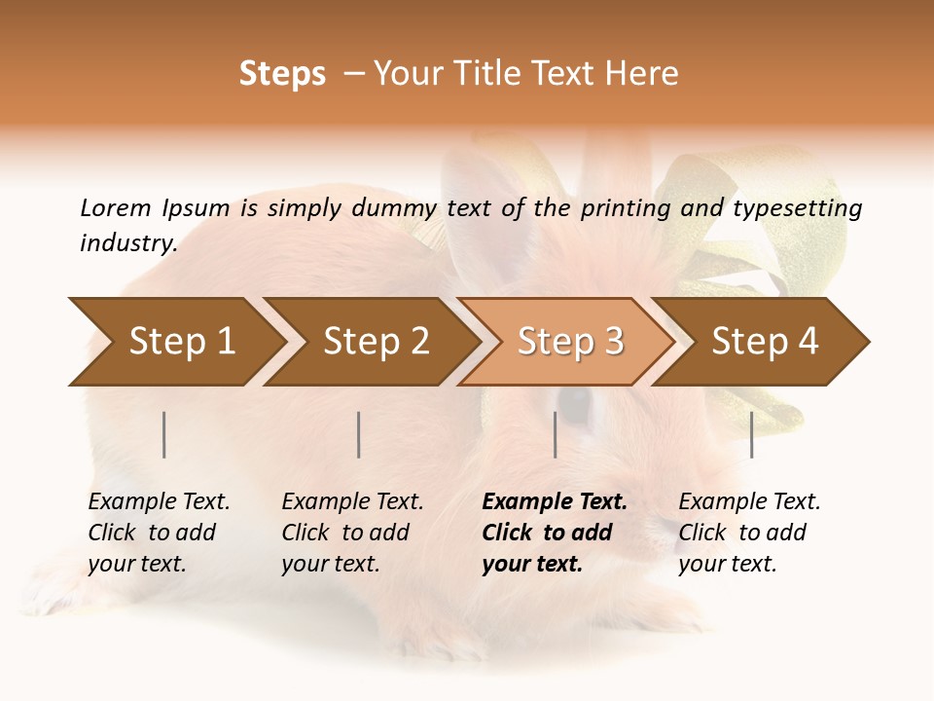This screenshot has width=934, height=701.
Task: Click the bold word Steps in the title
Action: [x=282, y=74]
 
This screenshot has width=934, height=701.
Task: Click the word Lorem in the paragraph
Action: [x=115, y=207]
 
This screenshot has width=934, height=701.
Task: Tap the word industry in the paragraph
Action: [x=127, y=242]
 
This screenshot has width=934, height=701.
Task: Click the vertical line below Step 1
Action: [x=164, y=434]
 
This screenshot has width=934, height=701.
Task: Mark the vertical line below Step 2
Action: [x=359, y=434]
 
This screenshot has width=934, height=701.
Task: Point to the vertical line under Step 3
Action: [x=555, y=434]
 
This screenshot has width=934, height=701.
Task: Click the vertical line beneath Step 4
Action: [x=752, y=434]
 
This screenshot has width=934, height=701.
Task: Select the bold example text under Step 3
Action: [x=554, y=533]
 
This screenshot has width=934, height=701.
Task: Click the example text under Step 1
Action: [x=159, y=533]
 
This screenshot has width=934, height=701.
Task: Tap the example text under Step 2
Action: [x=352, y=533]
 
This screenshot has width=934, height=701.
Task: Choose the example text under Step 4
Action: [x=749, y=533]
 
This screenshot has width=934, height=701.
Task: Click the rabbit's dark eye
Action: [x=575, y=406]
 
